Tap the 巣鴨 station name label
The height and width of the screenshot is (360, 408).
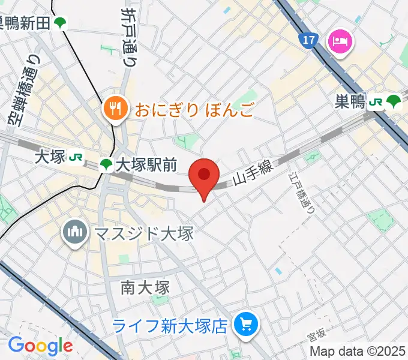point(350,102)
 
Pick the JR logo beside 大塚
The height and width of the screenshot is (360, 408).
point(76,157)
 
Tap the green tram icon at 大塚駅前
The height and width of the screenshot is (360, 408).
point(106,164)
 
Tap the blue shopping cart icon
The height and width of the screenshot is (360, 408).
point(247,325)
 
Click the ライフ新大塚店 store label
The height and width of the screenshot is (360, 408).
point(171,326)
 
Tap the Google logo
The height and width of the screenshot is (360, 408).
point(40,346)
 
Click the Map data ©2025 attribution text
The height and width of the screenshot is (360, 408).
point(356,351)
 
